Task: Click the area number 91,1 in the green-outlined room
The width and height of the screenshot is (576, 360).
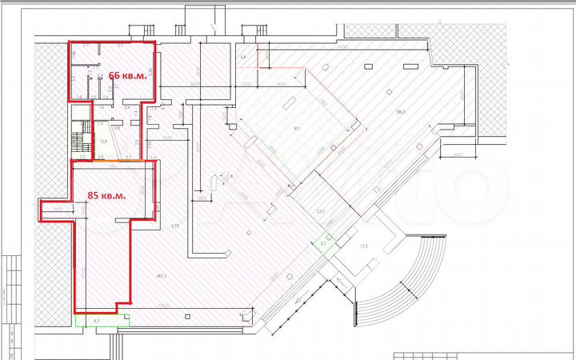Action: click(x=297, y=127)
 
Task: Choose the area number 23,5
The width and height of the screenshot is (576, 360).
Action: click(x=321, y=212)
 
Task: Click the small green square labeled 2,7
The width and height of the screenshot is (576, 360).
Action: click(x=324, y=242)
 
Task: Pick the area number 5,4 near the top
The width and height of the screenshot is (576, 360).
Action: click(x=242, y=58)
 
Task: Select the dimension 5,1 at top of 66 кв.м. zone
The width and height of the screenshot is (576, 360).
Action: click(x=119, y=46)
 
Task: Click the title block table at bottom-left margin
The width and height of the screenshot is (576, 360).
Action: click(x=11, y=304)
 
